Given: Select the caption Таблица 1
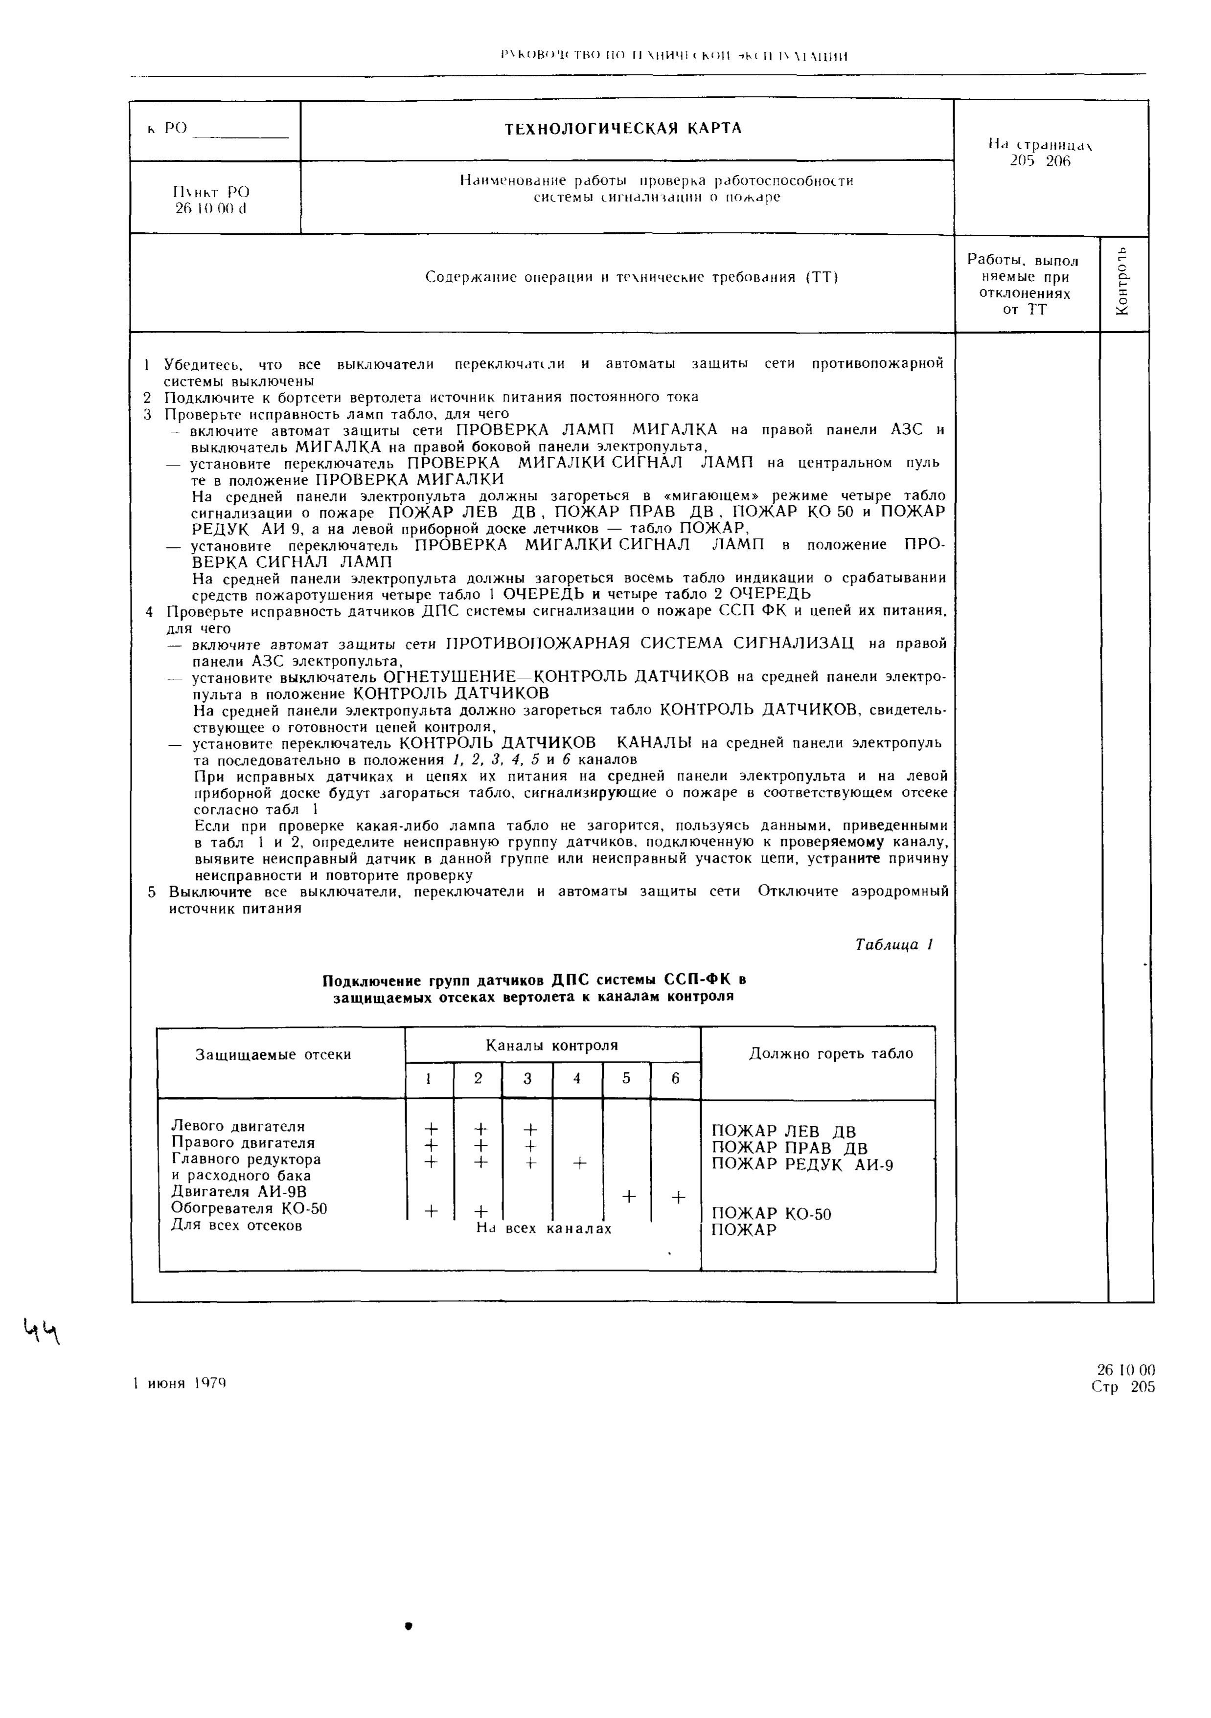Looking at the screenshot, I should click(893, 945).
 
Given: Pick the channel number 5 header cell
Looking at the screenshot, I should click(626, 1078).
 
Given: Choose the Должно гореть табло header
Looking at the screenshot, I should click(831, 1053).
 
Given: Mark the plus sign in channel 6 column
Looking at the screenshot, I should click(677, 1197).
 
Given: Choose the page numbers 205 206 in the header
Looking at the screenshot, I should click(1040, 161).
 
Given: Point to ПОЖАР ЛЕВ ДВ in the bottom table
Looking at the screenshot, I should click(784, 1131).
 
